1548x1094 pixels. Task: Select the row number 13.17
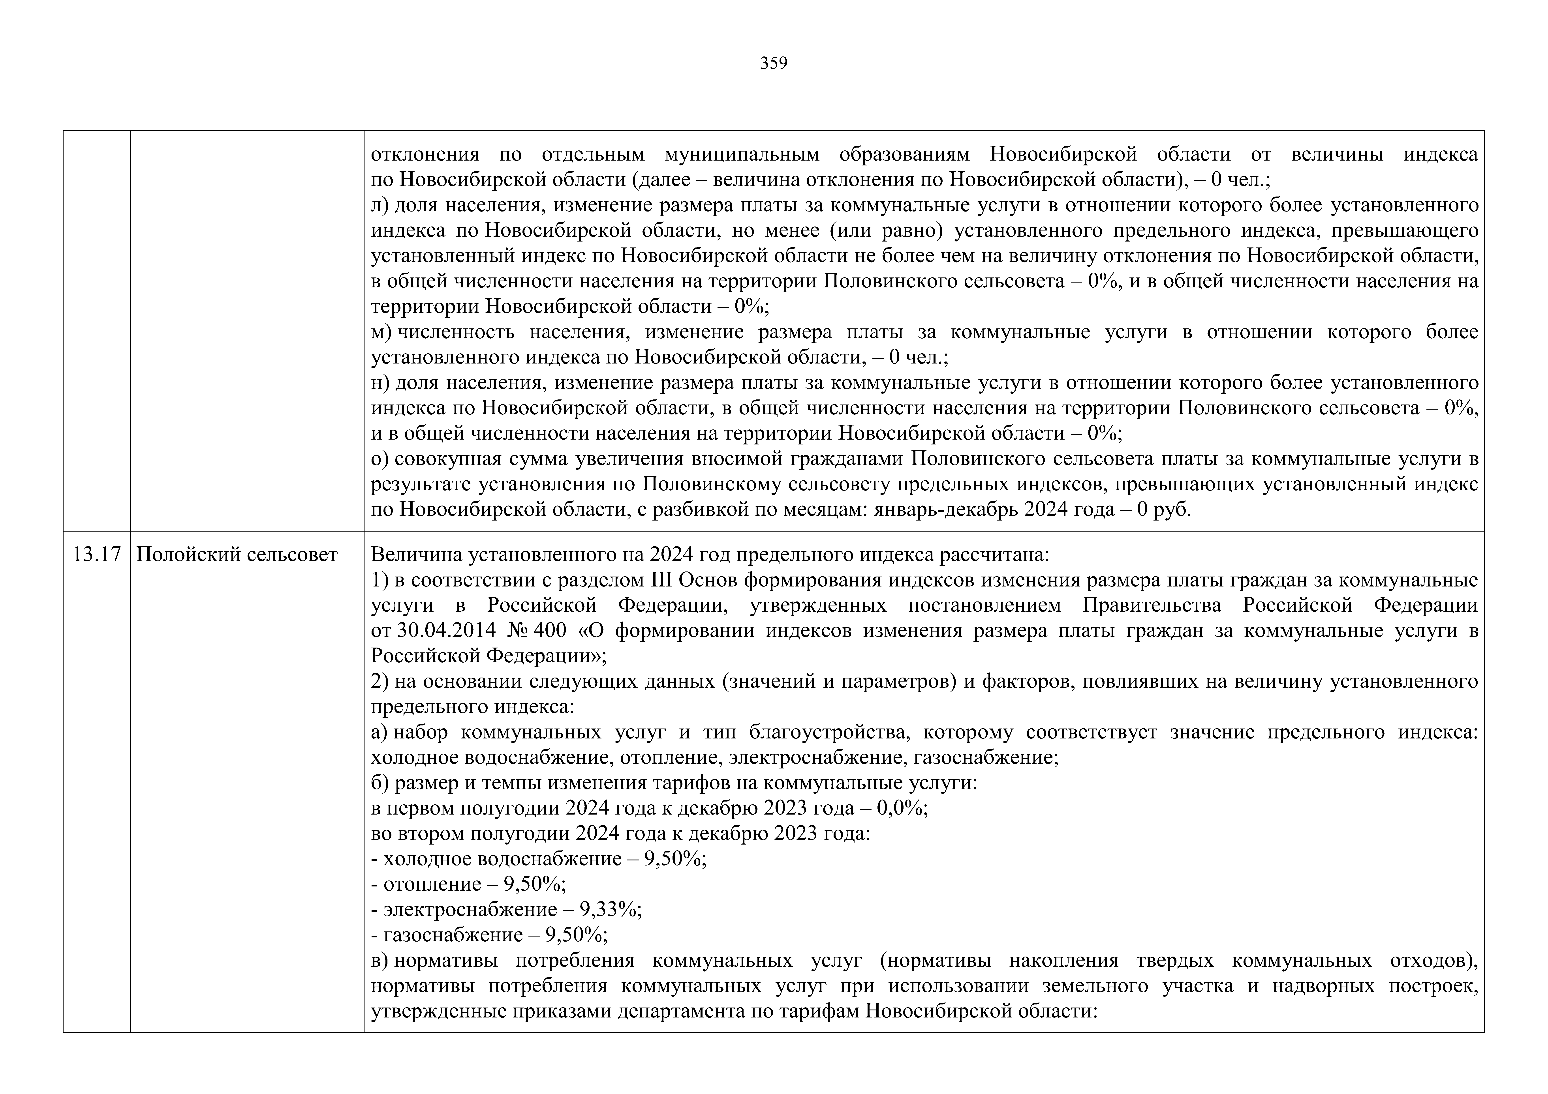click(96, 555)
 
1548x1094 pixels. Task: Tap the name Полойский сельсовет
click(237, 555)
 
